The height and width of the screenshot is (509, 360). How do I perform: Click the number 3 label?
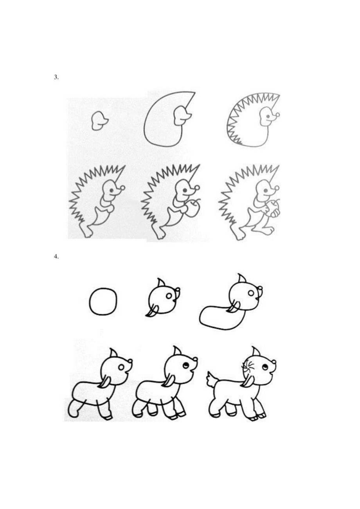click(x=56, y=77)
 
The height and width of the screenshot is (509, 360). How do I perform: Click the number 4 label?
click(x=56, y=257)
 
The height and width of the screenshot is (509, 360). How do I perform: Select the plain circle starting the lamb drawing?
click(x=103, y=301)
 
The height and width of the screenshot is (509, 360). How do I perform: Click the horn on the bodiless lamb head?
click(x=160, y=283)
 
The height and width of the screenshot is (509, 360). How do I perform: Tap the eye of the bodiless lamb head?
click(x=169, y=296)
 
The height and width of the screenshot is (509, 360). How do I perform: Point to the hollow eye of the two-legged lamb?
click(x=121, y=367)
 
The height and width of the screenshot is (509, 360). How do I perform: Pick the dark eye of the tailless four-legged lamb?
click(x=185, y=366)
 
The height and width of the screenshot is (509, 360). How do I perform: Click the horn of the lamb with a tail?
click(x=256, y=351)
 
